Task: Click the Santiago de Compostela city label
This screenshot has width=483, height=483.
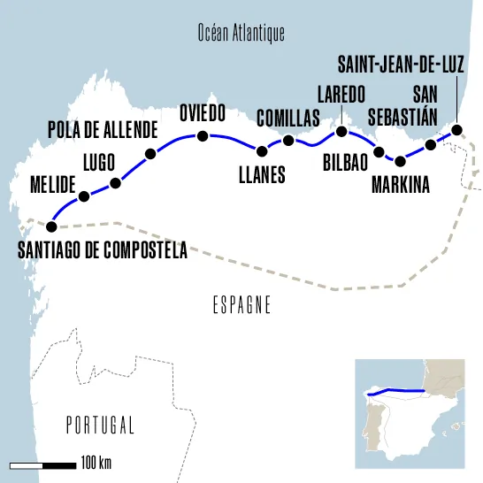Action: pos(103,250)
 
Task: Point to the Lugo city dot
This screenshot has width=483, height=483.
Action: pos(115,184)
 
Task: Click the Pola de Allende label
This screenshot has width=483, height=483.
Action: pos(103,129)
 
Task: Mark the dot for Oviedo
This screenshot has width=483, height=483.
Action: pos(203,136)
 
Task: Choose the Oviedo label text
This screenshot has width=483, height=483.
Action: pos(203,113)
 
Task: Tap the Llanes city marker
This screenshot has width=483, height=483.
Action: pos(262,151)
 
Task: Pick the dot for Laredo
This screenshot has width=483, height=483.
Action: pos(341,133)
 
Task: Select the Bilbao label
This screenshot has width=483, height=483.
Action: pos(345,162)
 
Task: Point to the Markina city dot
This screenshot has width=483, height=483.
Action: pos(400,161)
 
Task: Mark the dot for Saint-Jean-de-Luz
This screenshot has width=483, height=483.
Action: pos(456,130)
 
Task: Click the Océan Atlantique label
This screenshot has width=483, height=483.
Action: pos(241,34)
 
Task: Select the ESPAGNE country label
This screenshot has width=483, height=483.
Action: pos(241,305)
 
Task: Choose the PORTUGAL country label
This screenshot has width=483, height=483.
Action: pos(100,425)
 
